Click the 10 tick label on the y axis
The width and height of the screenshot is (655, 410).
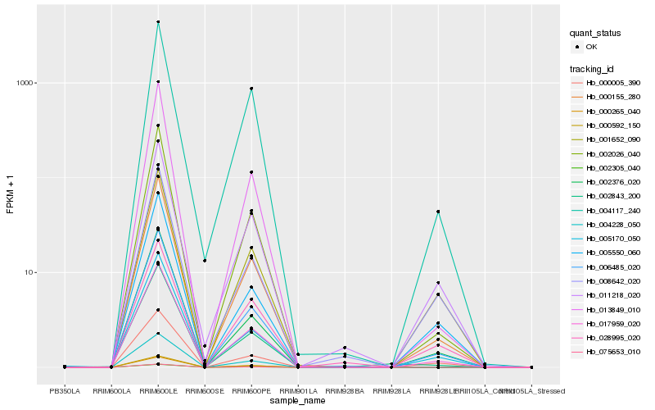tap(30, 272)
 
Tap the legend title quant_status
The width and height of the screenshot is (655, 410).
tap(595, 34)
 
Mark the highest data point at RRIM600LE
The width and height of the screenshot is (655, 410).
tap(158, 22)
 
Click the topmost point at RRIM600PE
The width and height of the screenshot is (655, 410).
tap(251, 89)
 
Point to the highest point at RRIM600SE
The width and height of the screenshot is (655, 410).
tap(205, 261)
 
